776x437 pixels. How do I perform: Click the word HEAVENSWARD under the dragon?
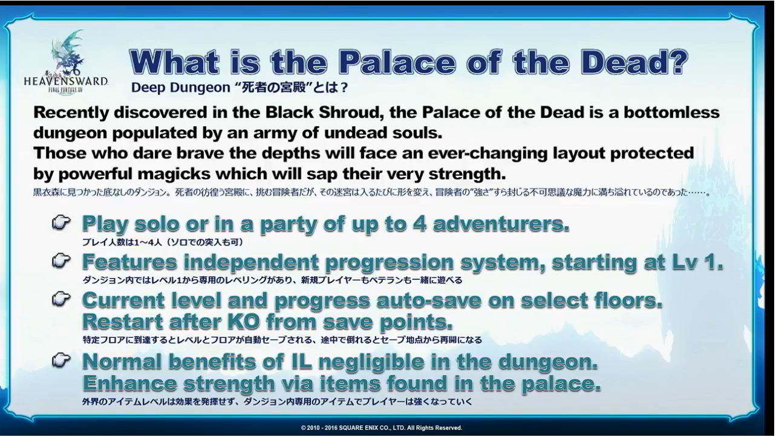tap(66, 82)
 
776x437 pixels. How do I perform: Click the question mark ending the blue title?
tap(677, 62)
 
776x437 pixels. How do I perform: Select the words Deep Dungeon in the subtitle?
tap(181, 88)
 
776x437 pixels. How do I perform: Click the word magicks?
tap(174, 174)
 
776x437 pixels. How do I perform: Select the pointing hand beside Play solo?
tap(62, 222)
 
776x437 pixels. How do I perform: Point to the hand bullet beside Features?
tap(62, 261)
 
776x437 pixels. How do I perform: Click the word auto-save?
tap(429, 300)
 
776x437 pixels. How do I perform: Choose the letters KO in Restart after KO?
tap(244, 322)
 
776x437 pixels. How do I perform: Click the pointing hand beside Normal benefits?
tap(62, 360)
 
